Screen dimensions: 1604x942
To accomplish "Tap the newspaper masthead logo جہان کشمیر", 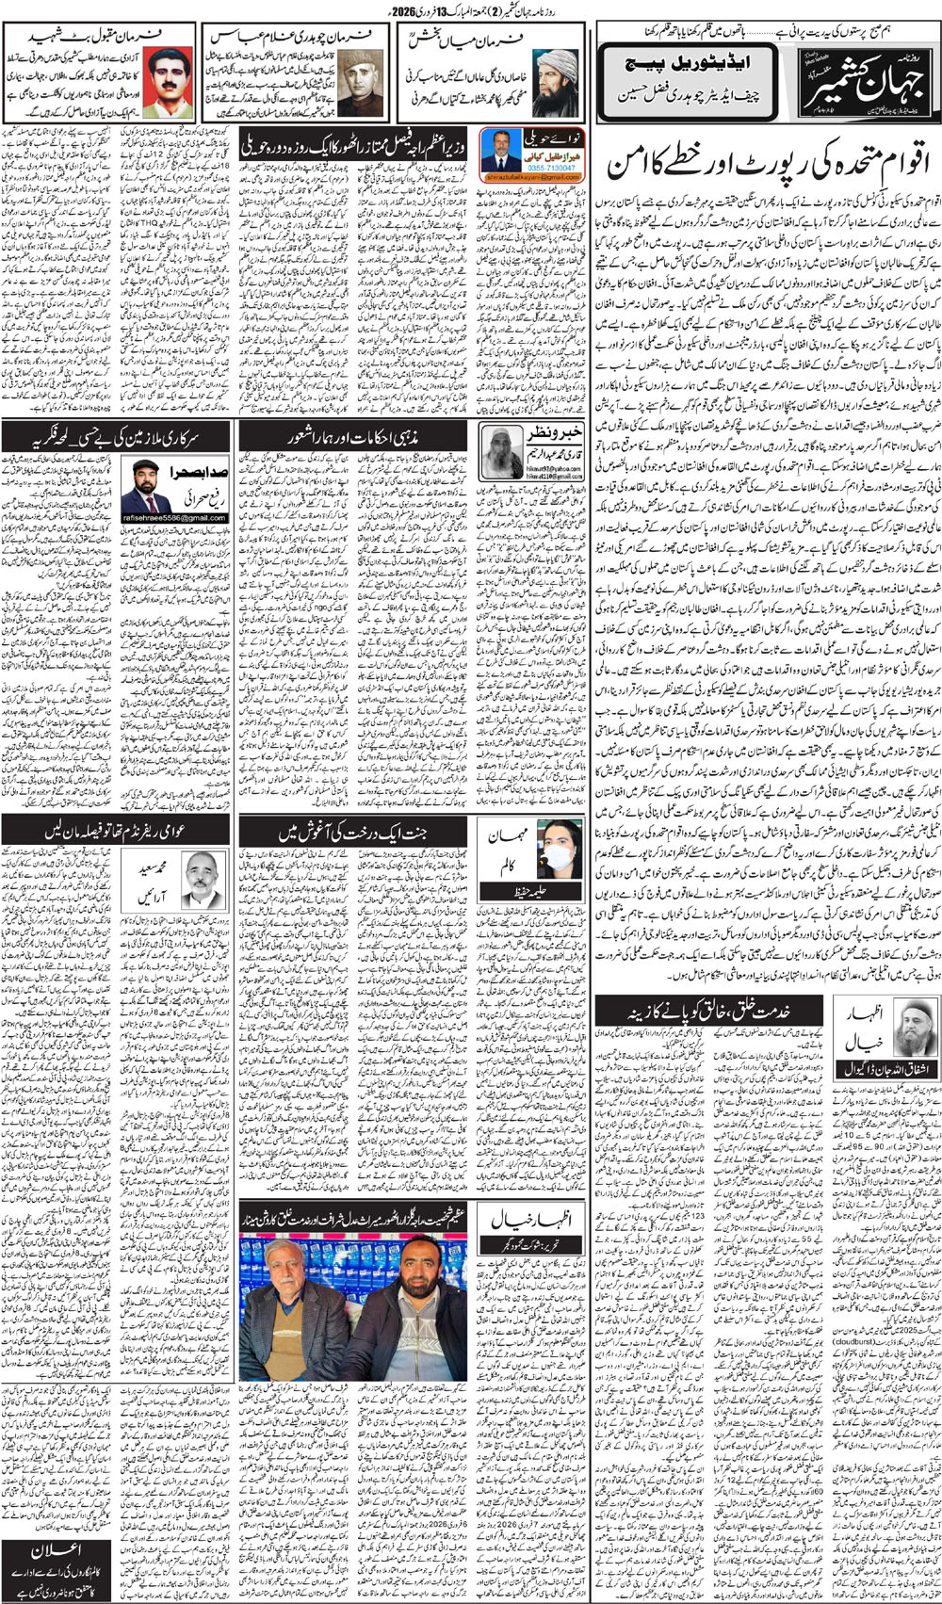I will tap(872, 80).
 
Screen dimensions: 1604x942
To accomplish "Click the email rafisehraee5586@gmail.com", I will tap(173, 519).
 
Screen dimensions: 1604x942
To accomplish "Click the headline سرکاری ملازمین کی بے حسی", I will tap(118, 435).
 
